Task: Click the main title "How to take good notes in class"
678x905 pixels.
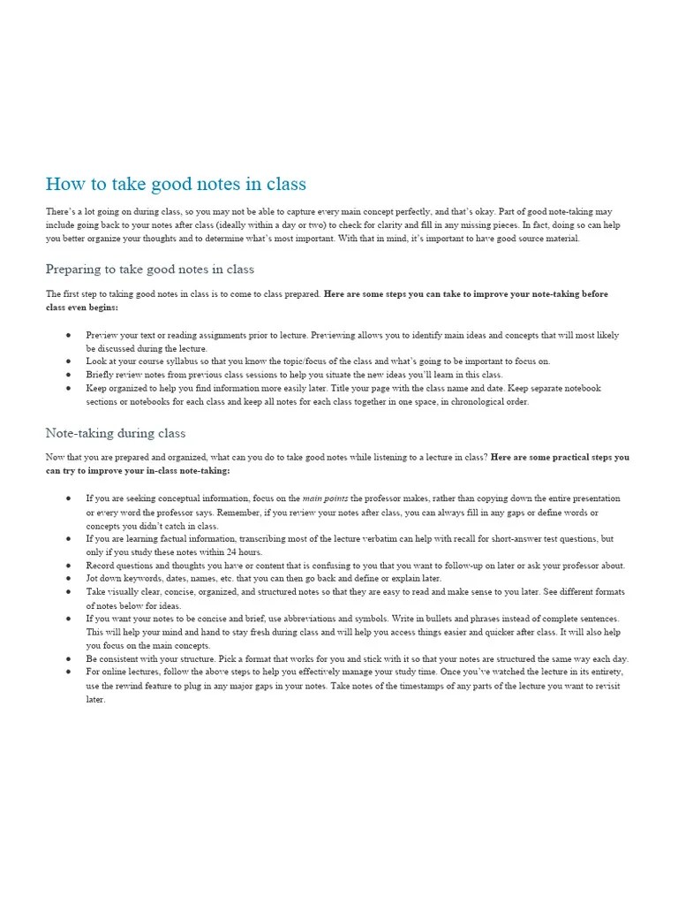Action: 176,185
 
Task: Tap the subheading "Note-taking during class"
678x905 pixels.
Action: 116,433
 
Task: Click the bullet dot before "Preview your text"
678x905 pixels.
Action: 68,336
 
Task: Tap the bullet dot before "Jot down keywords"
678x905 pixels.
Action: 68,579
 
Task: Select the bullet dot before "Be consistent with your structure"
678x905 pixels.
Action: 68,659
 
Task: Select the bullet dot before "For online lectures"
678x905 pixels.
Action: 68,673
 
